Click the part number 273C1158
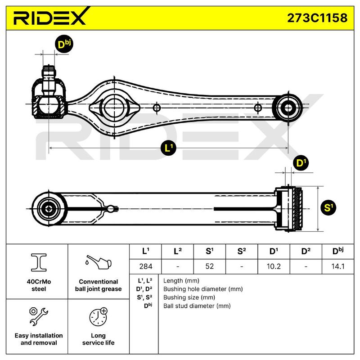click(x=317, y=18)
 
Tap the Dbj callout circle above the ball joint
click(x=64, y=44)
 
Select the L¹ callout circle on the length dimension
click(x=168, y=148)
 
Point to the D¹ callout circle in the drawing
click(x=301, y=163)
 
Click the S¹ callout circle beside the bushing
click(x=328, y=207)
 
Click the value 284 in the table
click(x=146, y=266)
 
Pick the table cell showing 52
click(x=209, y=266)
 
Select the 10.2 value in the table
click(x=274, y=266)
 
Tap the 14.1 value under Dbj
click(x=338, y=266)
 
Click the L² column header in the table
click(x=177, y=251)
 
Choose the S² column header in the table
click(x=242, y=251)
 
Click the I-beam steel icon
click(x=39, y=262)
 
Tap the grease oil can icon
click(x=98, y=262)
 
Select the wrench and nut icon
click(x=39, y=316)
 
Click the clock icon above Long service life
click(x=99, y=317)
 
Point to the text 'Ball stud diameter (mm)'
click(x=197, y=306)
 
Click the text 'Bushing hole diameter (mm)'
click(x=203, y=289)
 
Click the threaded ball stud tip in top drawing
click(x=49, y=71)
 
